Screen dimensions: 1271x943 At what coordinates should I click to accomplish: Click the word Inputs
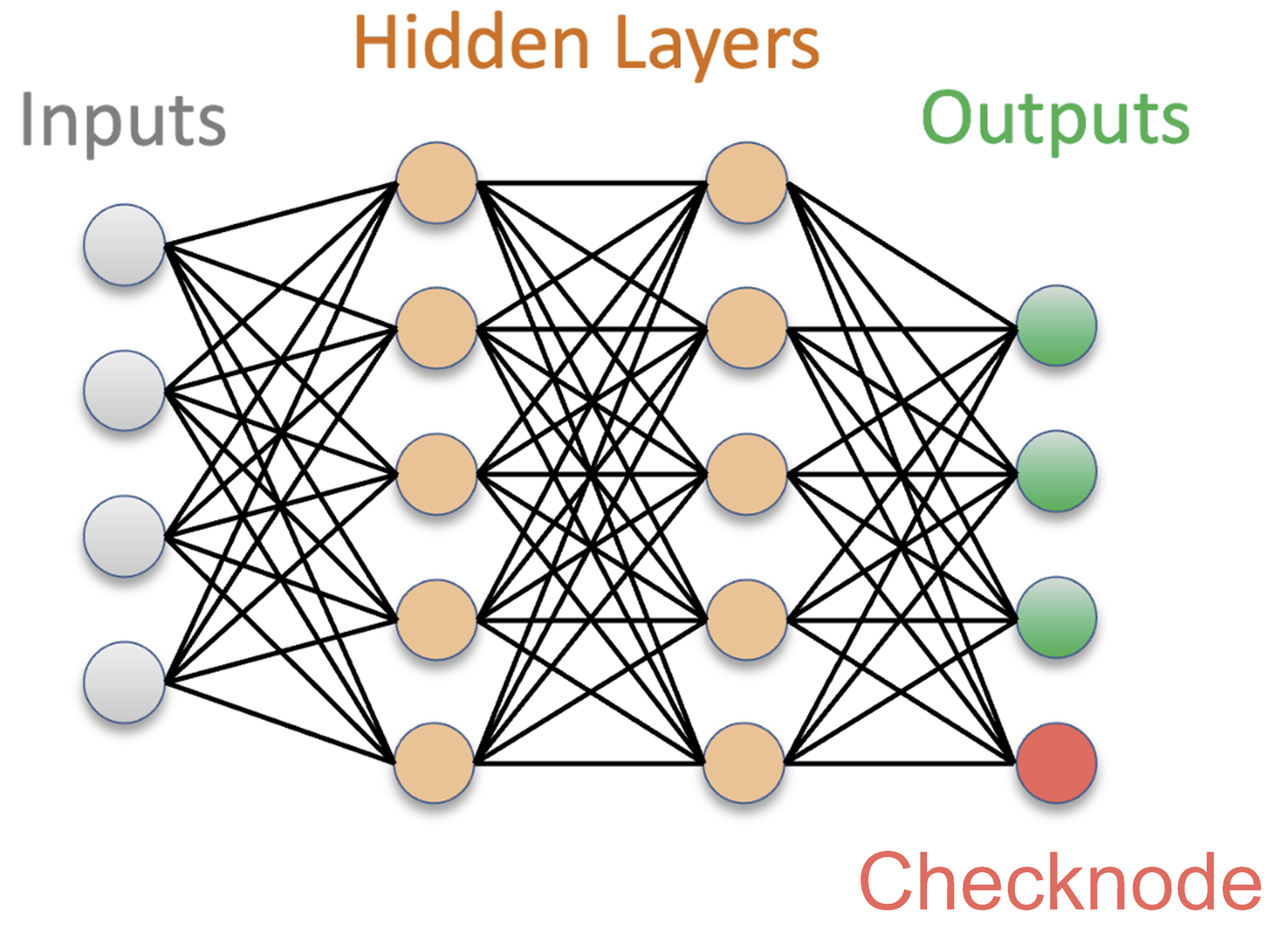point(123,122)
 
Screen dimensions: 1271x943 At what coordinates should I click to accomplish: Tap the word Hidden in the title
point(472,42)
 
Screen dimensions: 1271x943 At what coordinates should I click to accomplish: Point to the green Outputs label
point(1055,121)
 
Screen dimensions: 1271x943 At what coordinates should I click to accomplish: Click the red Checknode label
point(1060,880)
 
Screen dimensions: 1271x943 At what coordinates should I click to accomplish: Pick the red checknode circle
point(1056,763)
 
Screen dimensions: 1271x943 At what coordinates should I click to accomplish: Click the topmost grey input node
point(125,245)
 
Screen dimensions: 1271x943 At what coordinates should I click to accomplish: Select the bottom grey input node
point(125,682)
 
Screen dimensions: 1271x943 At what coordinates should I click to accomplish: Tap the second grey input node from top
point(125,390)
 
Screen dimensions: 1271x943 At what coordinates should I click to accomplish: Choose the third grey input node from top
point(125,536)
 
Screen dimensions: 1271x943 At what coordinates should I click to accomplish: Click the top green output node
point(1056,326)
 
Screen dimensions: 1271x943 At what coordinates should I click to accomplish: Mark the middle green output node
point(1056,471)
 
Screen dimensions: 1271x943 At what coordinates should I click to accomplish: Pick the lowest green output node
point(1056,616)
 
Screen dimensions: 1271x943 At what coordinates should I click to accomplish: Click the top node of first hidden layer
point(436,182)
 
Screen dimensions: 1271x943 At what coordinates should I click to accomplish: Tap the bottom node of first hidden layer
point(434,763)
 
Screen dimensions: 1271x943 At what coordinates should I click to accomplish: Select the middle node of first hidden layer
point(436,473)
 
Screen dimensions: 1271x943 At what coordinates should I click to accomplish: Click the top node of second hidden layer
point(746,182)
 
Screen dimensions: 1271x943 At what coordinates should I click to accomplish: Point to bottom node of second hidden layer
point(744,763)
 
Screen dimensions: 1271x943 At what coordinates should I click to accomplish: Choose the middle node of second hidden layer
point(746,473)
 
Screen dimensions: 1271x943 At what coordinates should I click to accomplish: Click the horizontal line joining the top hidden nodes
point(591,184)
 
